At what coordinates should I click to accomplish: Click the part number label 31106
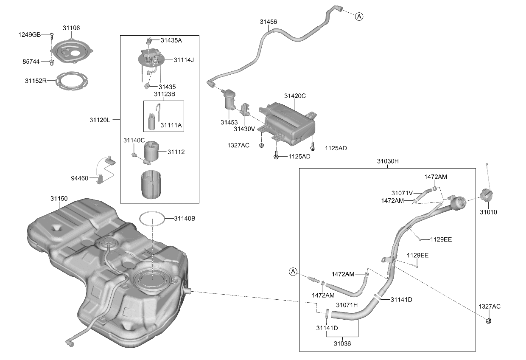coord(71,28)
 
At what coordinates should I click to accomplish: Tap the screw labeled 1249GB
coord(52,37)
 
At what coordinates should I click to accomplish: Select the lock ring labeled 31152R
coord(72,81)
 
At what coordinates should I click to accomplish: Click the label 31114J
coord(184,60)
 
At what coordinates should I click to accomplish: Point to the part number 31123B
coord(165,94)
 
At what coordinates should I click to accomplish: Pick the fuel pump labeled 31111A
coord(152,121)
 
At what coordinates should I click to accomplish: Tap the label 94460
coord(80,178)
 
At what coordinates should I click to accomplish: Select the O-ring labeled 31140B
coord(152,219)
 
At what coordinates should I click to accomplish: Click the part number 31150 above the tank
coord(59,199)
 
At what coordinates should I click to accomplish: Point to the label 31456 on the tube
coord(269,22)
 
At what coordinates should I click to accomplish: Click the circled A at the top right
coord(359,17)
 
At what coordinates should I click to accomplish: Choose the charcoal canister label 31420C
coord(295,96)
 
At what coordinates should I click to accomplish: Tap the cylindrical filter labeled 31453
coord(229,99)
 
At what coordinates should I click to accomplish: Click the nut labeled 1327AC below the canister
coord(261,146)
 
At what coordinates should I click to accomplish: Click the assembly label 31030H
coord(388,161)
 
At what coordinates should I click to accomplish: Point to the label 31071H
coord(347,305)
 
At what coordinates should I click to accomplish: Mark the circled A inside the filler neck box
coord(293,272)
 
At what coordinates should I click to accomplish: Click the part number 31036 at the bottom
coord(342,343)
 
